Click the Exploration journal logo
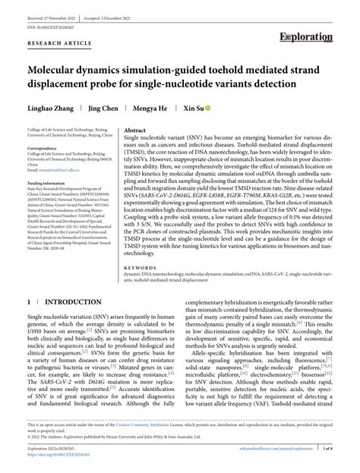[x=306, y=36]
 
